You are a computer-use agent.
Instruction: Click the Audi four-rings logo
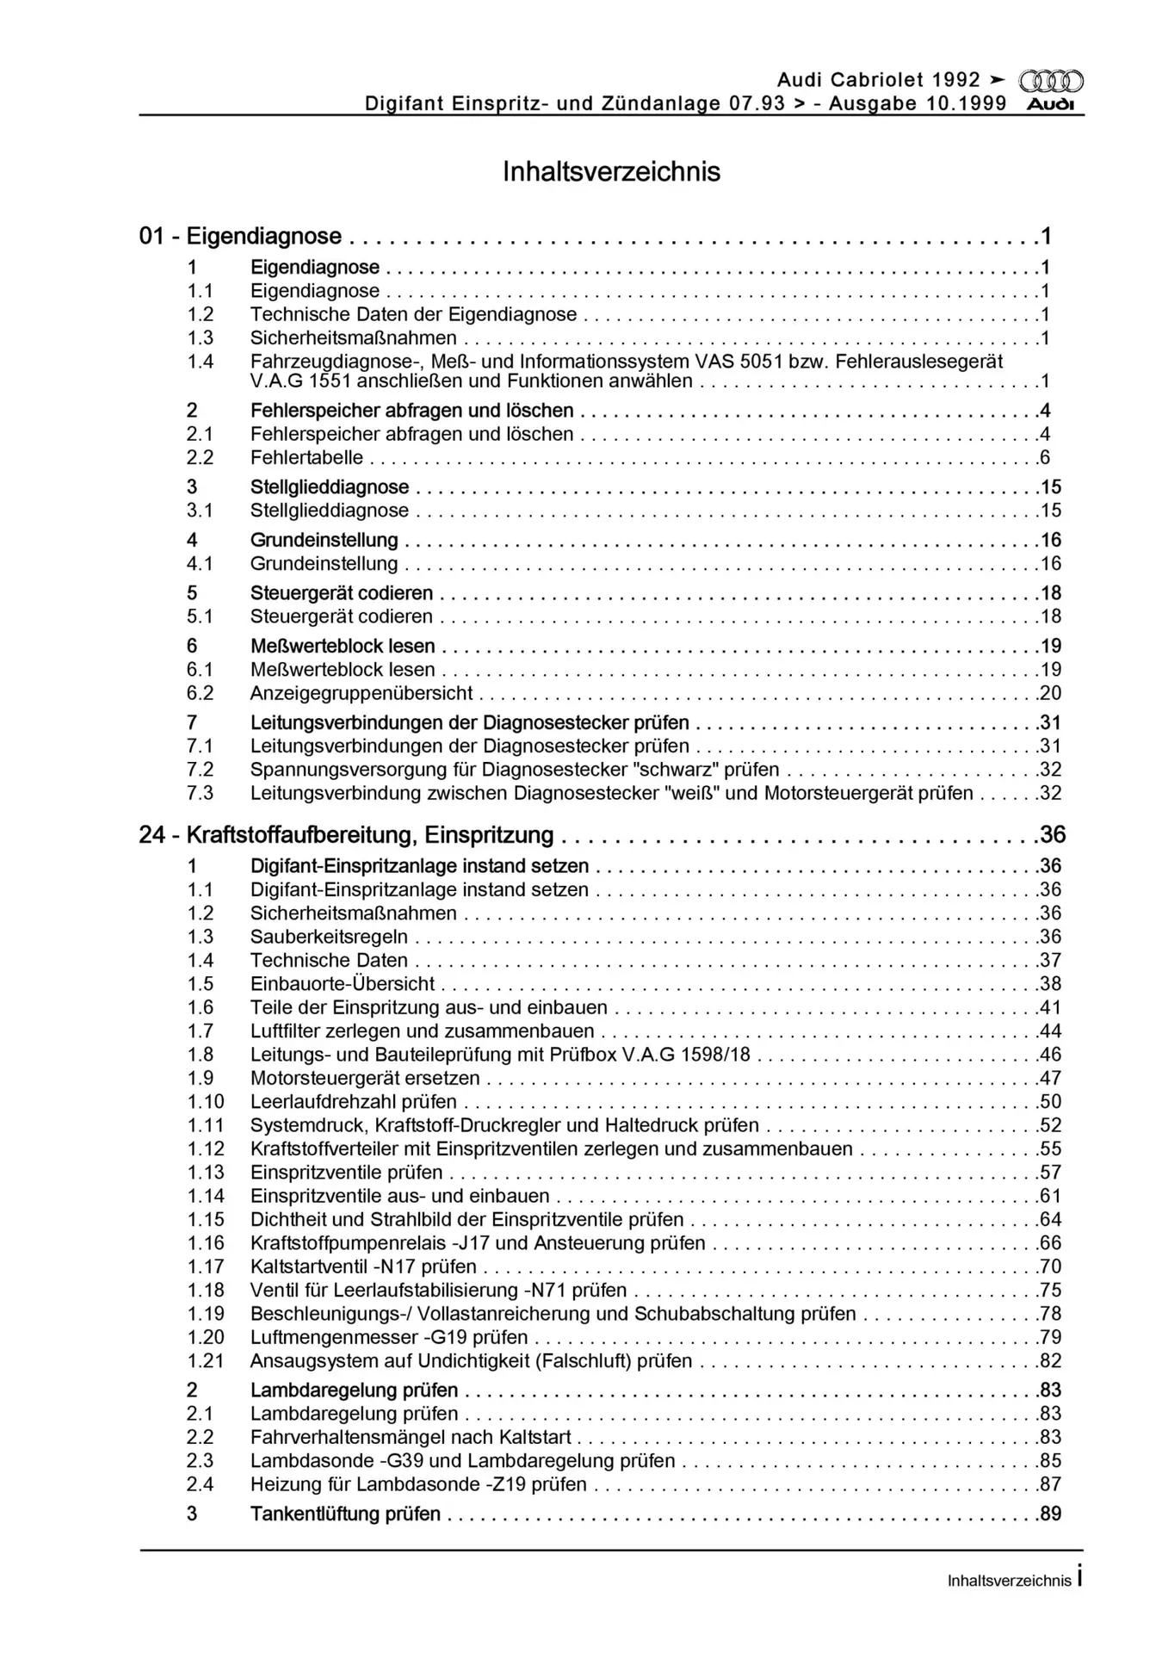coord(1051,82)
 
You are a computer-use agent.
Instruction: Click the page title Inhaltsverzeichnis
coord(611,172)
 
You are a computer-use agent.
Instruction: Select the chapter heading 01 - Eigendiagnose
coord(240,236)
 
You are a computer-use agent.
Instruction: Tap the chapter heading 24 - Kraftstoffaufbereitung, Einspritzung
coord(346,834)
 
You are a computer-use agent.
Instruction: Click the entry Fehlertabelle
coord(306,458)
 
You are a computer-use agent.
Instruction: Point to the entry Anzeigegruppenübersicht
coord(362,693)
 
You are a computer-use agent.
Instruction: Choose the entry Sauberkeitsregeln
coord(329,937)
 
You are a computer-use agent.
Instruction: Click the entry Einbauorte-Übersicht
coord(343,984)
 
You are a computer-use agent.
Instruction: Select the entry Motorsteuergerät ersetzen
coord(365,1078)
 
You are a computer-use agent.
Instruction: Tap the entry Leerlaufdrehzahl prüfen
coord(354,1101)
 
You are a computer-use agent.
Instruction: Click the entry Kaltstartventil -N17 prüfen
coord(363,1266)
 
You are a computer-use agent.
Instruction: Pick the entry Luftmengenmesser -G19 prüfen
coord(389,1337)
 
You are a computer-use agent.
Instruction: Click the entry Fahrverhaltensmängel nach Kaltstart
coord(411,1437)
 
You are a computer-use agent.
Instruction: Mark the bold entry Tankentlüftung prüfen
coord(345,1514)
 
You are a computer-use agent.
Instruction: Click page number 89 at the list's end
coord(1050,1514)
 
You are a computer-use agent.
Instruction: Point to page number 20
coord(1050,693)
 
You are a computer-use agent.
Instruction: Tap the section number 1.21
coord(205,1360)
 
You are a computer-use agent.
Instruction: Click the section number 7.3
coord(201,793)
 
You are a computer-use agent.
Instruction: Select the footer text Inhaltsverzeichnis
coord(1009,1581)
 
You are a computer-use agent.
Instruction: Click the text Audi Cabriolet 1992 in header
coord(878,80)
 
